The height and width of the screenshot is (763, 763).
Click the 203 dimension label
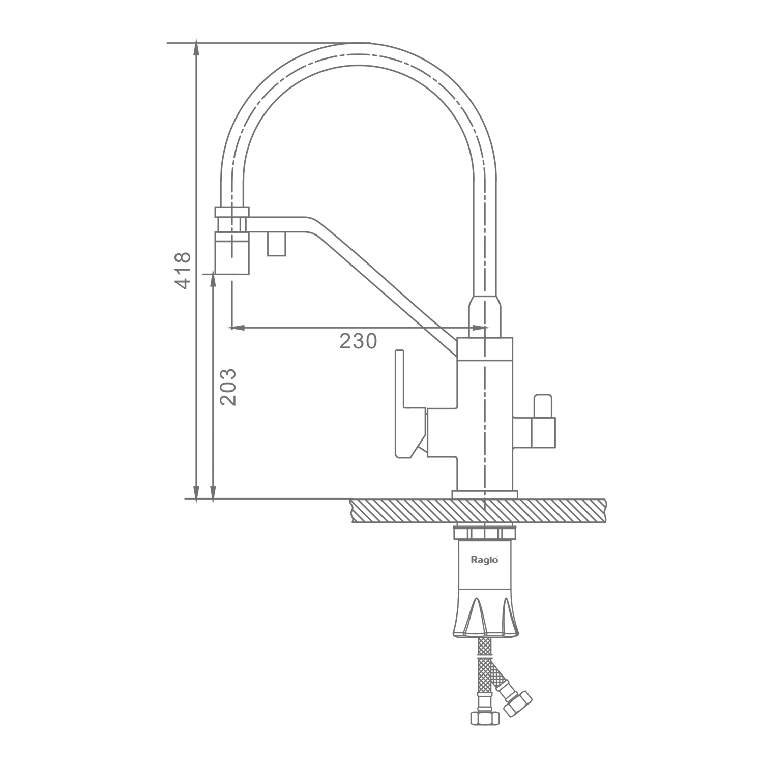pos(228,387)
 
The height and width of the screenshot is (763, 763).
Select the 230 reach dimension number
pos(358,341)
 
